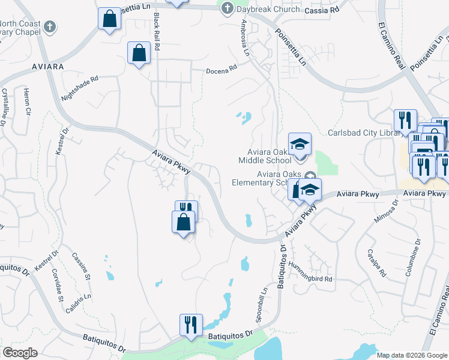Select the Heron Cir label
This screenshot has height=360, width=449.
(x=26, y=101)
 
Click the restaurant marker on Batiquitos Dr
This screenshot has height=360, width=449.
(x=191, y=325)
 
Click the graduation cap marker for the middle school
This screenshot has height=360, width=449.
(x=300, y=144)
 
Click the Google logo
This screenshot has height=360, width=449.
(x=19, y=353)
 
